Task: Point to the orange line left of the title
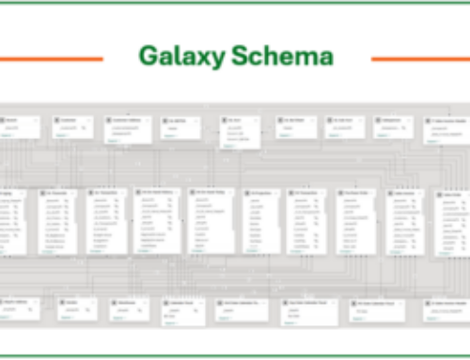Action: pos(52,58)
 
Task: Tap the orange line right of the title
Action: pos(419,58)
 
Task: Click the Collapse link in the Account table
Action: pos(12,134)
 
